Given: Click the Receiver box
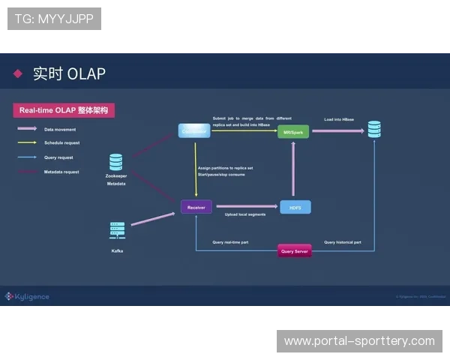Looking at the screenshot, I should click(196, 206).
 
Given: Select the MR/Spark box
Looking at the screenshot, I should click(293, 132).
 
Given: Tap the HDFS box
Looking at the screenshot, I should click(295, 207).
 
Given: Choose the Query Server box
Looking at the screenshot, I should click(294, 250).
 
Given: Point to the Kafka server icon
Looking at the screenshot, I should click(117, 232).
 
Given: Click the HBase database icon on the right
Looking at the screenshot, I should click(373, 129).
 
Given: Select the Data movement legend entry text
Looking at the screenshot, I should click(60, 129).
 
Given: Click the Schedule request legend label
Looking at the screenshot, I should click(61, 142).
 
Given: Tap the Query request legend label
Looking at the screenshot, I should click(58, 157).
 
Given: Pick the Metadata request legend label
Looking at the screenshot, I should click(61, 172).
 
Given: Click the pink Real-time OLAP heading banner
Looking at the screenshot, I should click(64, 110).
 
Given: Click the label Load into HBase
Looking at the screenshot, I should click(339, 119).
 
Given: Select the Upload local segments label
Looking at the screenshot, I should click(245, 214).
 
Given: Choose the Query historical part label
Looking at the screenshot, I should click(343, 242).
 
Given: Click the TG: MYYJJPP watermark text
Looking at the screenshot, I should click(54, 19).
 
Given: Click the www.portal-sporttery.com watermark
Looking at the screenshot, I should click(359, 341).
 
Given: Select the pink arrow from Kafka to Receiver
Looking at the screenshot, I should click(153, 218).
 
